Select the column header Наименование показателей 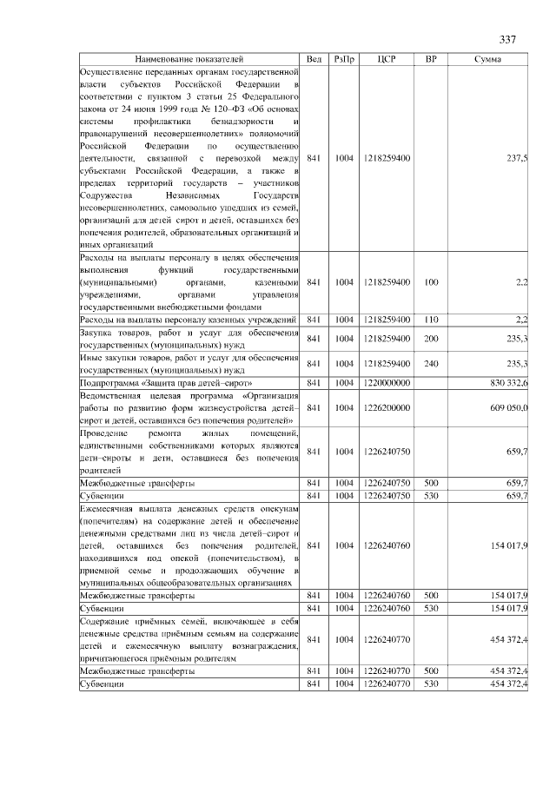[x=189, y=59]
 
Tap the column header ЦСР [x=387, y=59]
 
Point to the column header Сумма [x=486, y=59]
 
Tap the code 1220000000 [x=387, y=383]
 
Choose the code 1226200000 [x=387, y=407]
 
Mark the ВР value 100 [x=431, y=282]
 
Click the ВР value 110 [x=431, y=320]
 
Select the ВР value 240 [x=431, y=363]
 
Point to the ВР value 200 [x=431, y=339]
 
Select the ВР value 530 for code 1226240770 [x=431, y=684]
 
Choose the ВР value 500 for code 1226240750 [x=431, y=481]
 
